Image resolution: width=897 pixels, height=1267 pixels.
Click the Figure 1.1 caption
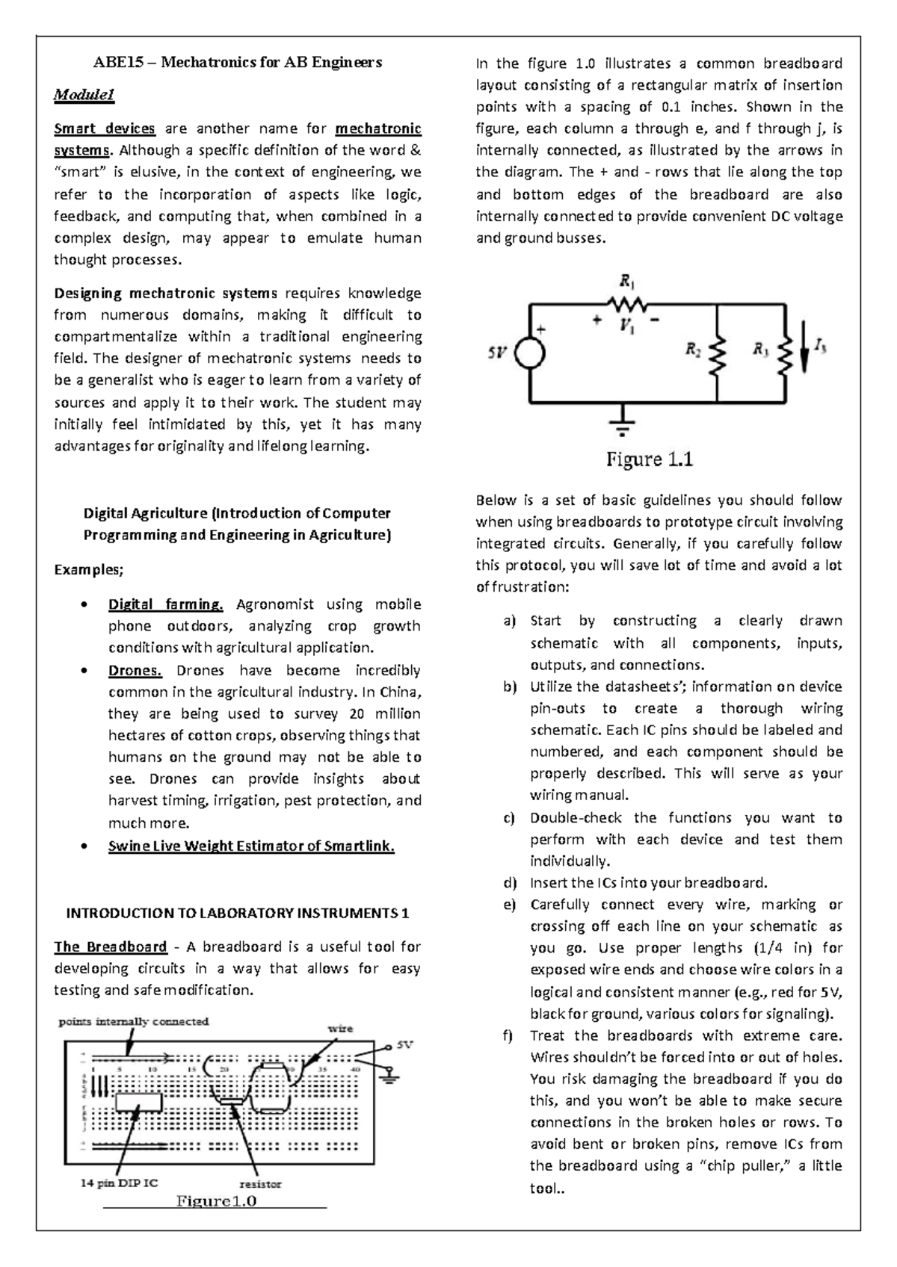click(649, 459)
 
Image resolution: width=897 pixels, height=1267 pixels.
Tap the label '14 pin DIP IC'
click(119, 1183)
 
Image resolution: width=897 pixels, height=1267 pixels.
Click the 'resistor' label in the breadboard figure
click(260, 1183)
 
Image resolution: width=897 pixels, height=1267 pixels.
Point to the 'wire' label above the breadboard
click(340, 1029)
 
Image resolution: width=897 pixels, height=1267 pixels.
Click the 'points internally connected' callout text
click(135, 1021)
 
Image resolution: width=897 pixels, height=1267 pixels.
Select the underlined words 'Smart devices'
click(105, 128)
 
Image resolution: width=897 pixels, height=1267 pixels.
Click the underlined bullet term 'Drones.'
click(135, 670)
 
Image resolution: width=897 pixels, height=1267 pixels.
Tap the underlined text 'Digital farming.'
click(166, 604)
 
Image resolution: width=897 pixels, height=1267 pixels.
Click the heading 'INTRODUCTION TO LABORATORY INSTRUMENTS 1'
click(238, 913)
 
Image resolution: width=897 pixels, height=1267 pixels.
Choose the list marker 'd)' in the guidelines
click(510, 882)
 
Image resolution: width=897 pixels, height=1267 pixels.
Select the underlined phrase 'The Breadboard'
click(111, 947)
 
